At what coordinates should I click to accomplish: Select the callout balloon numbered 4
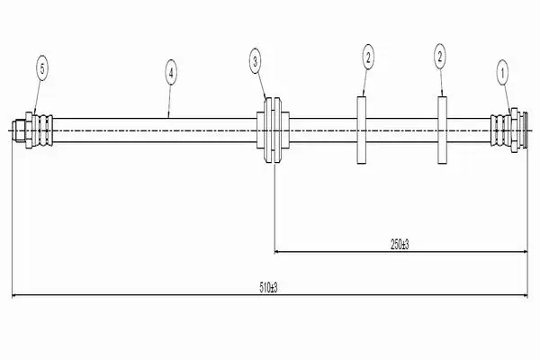coord(171,72)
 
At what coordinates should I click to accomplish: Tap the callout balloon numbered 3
coord(256,61)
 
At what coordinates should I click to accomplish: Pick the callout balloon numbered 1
coord(502,72)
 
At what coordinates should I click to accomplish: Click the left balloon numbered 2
coord(368,57)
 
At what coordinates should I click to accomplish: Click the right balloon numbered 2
coord(440,56)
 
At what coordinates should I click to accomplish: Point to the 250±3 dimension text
coord(400,245)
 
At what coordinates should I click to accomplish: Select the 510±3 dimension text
coord(268,287)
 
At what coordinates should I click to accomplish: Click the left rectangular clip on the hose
coord(361,130)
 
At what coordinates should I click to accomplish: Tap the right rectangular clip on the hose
coord(442,130)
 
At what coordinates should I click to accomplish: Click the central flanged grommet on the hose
coord(273,130)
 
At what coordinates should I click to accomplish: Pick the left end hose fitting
coord(32,130)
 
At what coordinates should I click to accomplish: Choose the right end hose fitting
coord(509,130)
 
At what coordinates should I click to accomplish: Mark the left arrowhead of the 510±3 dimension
coord(14,295)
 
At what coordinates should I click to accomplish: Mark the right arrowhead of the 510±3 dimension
coord(526,295)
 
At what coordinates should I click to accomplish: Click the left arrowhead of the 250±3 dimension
coord(277,252)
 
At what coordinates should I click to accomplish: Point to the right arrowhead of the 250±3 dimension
coord(526,252)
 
